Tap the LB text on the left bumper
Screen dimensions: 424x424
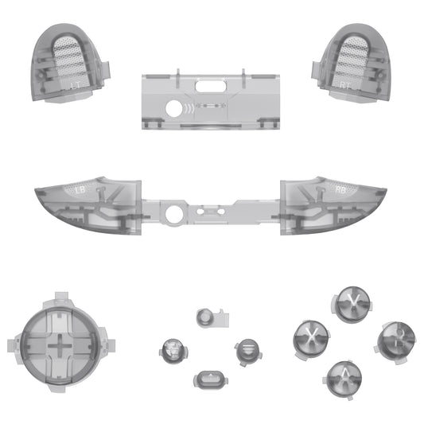click(79, 190)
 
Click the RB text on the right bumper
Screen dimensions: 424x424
click(340, 190)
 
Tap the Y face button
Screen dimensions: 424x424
click(347, 302)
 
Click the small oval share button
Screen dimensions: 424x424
click(208, 379)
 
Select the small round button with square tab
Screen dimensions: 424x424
click(206, 317)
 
